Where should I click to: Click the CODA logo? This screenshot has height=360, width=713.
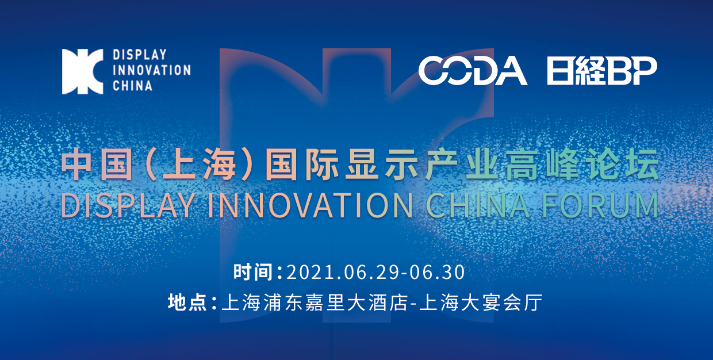tap(472, 71)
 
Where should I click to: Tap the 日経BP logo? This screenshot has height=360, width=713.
tap(601, 71)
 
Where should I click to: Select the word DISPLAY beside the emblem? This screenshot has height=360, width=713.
tap(139, 55)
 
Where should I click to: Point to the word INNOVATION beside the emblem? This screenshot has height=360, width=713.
tap(151, 71)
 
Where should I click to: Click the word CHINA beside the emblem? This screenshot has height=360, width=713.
tap(132, 86)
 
